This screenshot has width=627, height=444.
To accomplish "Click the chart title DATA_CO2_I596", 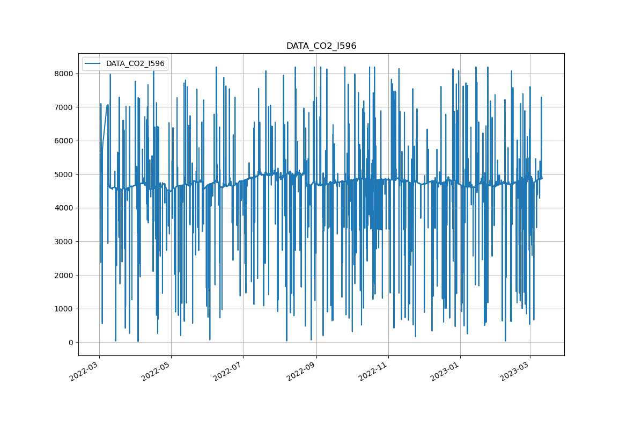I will pyautogui.click(x=321, y=46).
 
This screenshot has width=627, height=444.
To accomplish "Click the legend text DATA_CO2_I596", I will pyautogui.click(x=135, y=63).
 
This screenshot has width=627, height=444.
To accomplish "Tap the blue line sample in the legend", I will pyautogui.click(x=94, y=63).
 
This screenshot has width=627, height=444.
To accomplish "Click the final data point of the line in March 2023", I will pyautogui.click(x=542, y=178).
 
